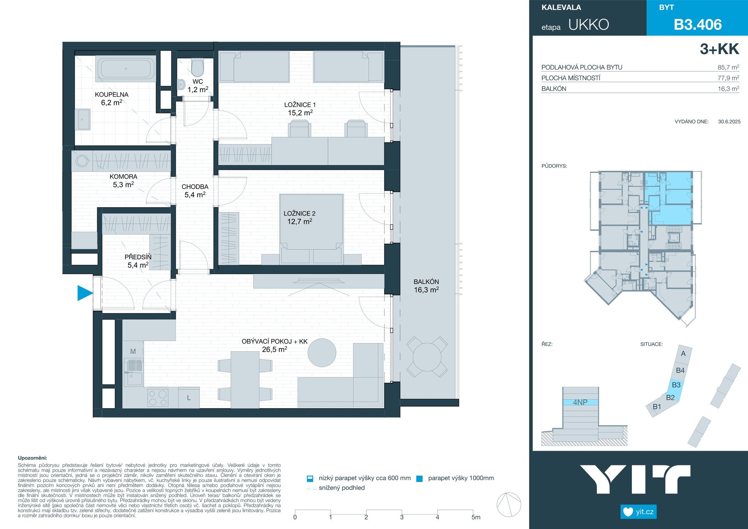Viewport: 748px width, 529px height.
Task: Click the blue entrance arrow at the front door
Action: tap(85, 293)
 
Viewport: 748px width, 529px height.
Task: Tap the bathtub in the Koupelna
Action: tap(126, 69)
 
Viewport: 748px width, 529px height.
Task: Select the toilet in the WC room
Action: tap(198, 68)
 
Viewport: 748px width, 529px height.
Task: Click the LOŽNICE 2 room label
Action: tap(300, 218)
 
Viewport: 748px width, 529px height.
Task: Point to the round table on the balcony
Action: tap(427, 357)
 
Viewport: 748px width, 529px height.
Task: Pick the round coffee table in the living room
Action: tap(322, 353)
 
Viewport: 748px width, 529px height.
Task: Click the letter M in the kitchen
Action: tap(133, 351)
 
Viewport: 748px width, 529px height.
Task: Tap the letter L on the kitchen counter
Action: tap(189, 398)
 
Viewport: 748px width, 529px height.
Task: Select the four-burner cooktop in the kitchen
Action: tap(158, 398)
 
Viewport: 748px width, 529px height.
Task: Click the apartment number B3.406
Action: tap(698, 25)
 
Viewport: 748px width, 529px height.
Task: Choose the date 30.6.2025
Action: tap(729, 122)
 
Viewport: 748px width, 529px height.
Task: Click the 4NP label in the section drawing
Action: tap(580, 402)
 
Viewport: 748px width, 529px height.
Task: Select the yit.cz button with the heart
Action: tap(639, 511)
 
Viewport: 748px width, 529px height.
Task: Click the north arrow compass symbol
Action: tap(509, 504)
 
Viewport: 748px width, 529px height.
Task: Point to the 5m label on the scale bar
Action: tap(476, 517)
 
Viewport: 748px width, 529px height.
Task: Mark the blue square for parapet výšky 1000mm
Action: tap(420, 479)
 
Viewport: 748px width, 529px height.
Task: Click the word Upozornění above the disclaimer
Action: tap(32, 458)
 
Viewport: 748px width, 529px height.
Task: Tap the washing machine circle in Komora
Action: tap(82, 161)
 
